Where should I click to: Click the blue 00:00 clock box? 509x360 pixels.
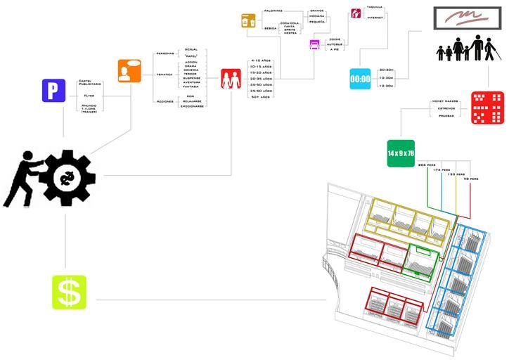tap(361, 79)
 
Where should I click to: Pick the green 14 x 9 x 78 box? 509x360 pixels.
tap(401, 153)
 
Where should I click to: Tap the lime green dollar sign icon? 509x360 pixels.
tap(69, 292)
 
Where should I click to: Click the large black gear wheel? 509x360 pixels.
tap(68, 177)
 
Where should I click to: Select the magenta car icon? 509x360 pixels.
tap(315, 45)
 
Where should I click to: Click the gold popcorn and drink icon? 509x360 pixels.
tap(248, 21)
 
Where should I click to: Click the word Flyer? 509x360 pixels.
tap(89, 95)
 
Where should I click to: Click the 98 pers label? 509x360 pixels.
tap(471, 179)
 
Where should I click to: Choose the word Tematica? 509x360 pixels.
tap(164, 74)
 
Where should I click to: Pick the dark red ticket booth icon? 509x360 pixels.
tap(356, 13)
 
